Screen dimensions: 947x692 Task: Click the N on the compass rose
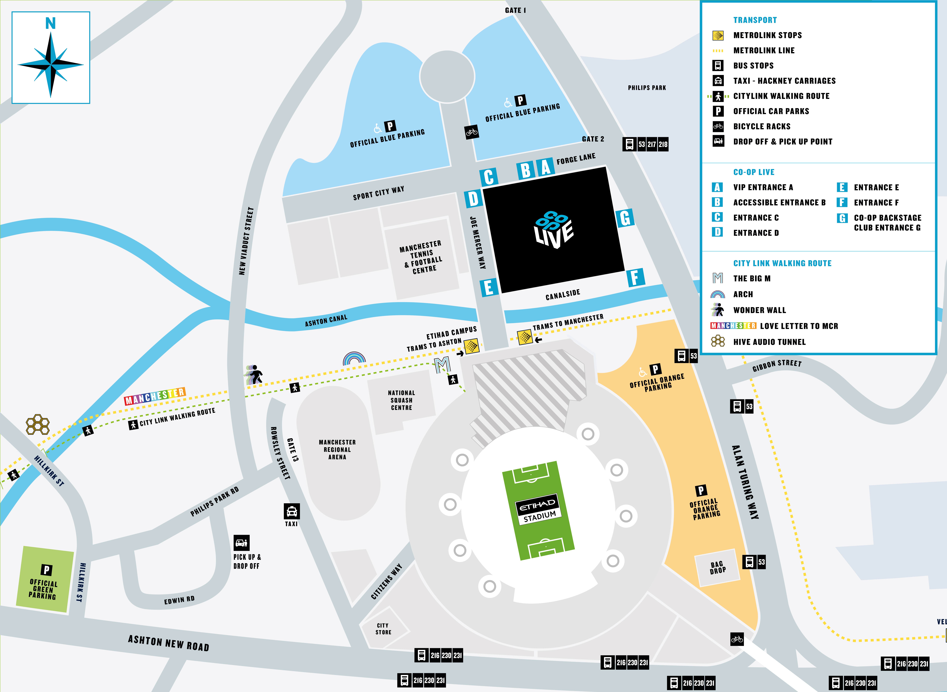(50, 24)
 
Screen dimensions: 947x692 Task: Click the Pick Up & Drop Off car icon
(241, 543)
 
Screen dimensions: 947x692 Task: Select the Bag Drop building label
(717, 568)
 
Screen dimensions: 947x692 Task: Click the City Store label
(383, 629)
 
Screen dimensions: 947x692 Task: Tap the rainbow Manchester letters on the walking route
(155, 396)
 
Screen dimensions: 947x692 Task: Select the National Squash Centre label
(401, 400)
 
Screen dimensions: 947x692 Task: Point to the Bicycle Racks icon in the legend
(718, 126)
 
